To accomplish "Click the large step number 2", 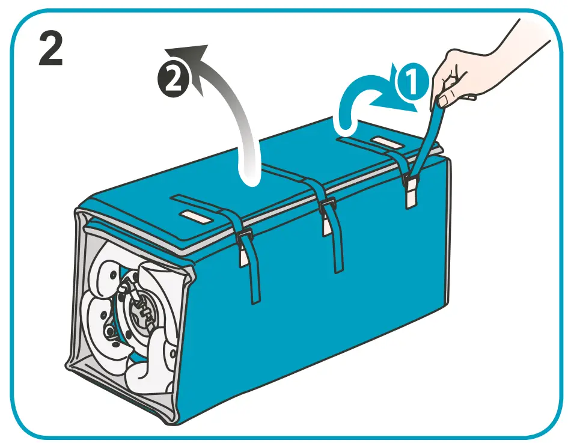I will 50,49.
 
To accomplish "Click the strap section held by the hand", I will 430,138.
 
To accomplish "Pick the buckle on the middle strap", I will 328,207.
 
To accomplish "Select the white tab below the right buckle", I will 411,198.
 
